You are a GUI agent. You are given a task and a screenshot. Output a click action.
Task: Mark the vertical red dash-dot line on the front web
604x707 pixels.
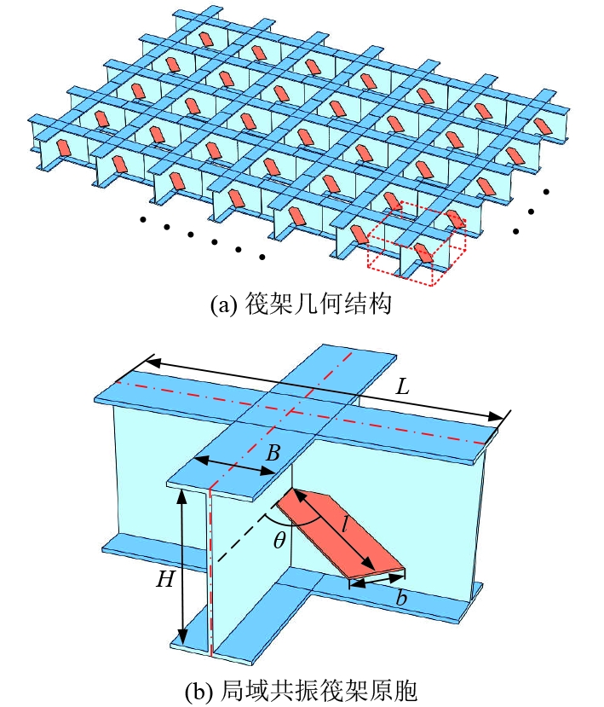[210, 571]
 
